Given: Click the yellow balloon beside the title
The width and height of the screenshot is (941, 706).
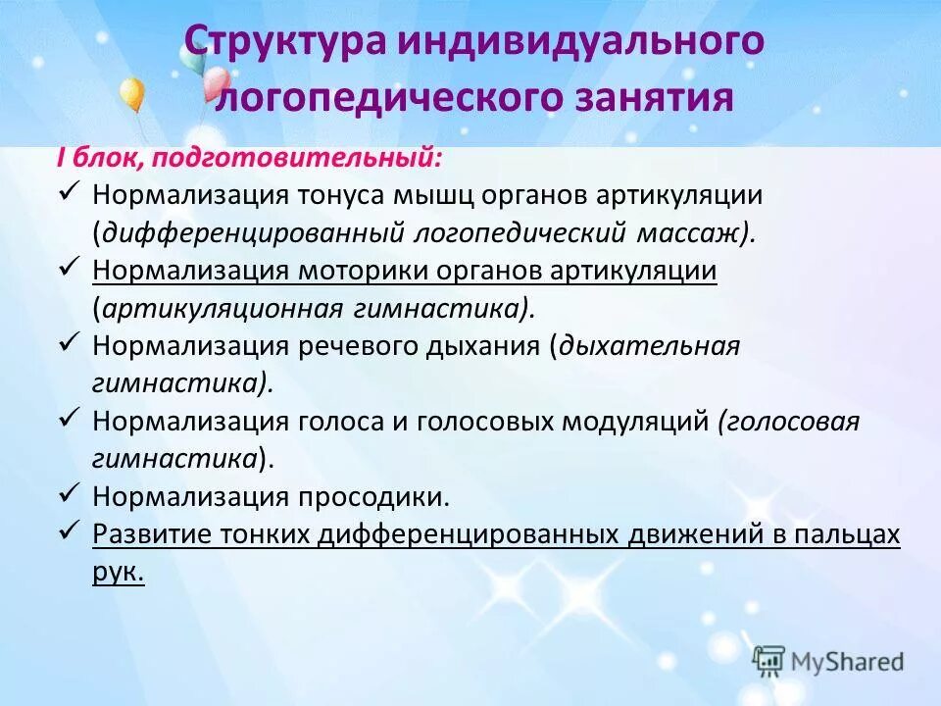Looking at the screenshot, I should pyautogui.click(x=131, y=95).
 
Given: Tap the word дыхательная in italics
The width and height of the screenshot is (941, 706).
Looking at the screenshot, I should pyautogui.click(x=648, y=347).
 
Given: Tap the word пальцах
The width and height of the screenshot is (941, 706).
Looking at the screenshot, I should pyautogui.click(x=844, y=535).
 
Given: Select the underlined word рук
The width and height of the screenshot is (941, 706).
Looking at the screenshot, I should pyautogui.click(x=118, y=574).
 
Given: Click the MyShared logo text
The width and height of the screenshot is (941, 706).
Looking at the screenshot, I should pyautogui.click(x=843, y=662).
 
